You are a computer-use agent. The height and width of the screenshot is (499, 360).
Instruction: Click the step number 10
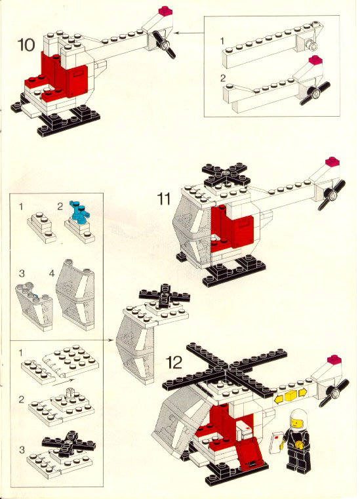pos(26,44)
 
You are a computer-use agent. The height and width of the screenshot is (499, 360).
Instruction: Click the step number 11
pos(164,199)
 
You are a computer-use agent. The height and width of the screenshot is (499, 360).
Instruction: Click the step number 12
pos(174,362)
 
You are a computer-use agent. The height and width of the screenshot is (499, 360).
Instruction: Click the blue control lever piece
pos(79,210)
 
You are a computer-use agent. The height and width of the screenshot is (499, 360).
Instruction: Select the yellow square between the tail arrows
pos(290,395)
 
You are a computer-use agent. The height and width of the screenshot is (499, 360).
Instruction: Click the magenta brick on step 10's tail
pos(165,10)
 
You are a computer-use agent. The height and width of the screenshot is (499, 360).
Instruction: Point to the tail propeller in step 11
pos(332,195)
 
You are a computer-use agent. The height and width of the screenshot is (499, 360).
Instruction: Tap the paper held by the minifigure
pos(276,442)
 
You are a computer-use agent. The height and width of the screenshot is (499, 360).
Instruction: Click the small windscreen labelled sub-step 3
pos(33,306)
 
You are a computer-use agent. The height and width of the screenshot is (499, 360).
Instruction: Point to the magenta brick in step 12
pos(334,359)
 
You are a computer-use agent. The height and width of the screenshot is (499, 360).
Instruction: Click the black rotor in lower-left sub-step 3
pos(69,444)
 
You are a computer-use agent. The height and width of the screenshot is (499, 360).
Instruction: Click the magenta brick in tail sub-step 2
pos(315,60)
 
